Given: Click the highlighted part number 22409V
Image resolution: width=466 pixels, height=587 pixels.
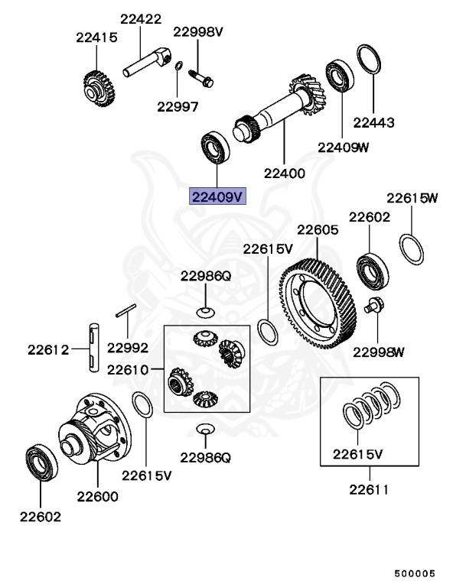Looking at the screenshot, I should pos(217,197).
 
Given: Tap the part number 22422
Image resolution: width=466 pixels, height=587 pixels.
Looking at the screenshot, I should pos(141,18).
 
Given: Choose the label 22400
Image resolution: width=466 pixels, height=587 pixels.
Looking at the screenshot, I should pos(284,174).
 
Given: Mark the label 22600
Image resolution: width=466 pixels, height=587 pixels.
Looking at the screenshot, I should pos(97,496).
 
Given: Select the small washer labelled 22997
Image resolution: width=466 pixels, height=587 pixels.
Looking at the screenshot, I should pos(178,67).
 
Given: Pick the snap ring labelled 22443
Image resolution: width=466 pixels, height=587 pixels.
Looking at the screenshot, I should pos(368,60).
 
